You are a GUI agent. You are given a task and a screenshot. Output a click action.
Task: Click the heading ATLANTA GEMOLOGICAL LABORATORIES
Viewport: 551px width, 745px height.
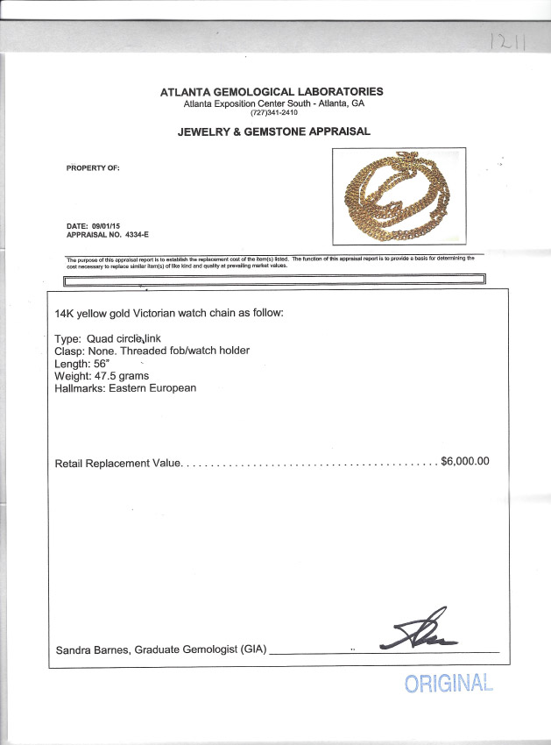(272, 92)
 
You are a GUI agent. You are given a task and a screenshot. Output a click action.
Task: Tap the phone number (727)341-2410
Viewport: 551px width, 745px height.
(274, 113)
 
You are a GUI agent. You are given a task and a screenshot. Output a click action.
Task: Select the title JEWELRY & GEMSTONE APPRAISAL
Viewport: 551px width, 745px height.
(274, 131)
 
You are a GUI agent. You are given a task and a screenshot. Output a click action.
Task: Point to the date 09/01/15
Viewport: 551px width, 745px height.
(106, 226)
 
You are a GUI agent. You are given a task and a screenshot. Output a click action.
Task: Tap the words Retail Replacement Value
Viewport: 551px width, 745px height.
(117, 463)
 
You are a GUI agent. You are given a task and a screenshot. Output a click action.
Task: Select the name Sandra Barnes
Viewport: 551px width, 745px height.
(90, 650)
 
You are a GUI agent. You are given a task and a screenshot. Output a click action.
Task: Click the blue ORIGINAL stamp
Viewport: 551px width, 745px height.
(449, 684)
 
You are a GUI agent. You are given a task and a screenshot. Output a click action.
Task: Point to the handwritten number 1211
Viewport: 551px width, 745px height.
(506, 40)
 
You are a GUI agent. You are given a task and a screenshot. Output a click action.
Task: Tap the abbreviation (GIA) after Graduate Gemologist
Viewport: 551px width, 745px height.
(250, 650)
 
